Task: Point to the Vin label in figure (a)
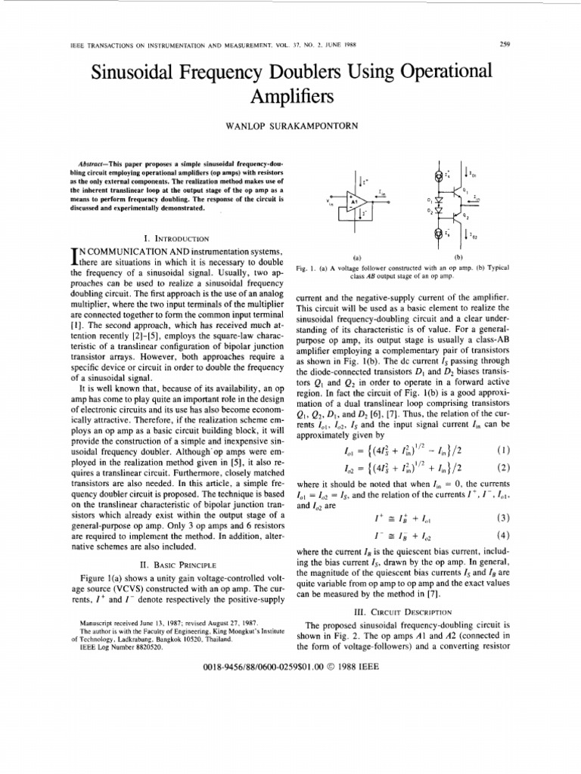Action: (329, 202)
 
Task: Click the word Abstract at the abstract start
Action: (95, 164)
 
